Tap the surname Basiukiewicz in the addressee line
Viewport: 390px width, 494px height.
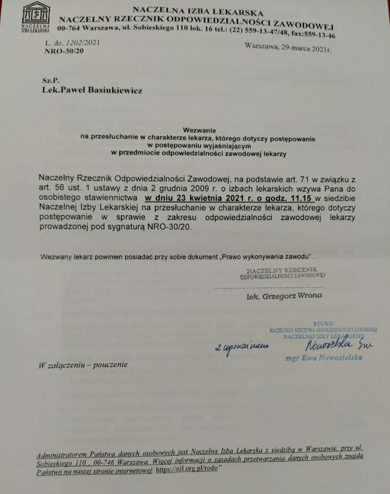click(x=113, y=91)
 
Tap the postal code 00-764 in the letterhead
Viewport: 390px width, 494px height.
click(x=70, y=28)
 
